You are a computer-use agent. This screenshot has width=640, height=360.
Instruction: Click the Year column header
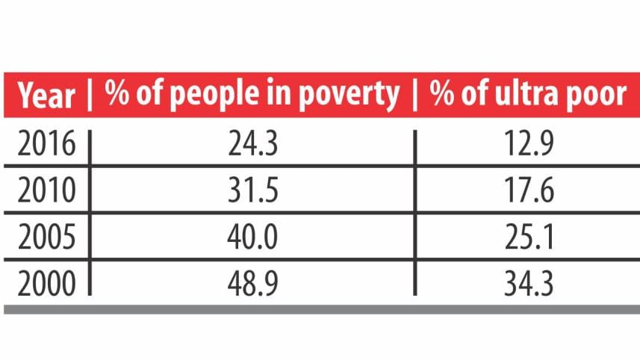tap(46, 96)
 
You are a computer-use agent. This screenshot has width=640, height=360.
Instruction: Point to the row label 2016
tap(46, 144)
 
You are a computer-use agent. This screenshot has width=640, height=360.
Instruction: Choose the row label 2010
tap(46, 191)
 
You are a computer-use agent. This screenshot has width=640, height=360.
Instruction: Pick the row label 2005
tap(46, 239)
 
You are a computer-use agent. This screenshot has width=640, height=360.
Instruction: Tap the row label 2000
tap(46, 285)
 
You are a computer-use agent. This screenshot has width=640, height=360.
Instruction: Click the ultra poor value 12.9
tap(529, 144)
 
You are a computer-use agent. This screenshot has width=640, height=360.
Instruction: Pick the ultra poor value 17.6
tap(529, 191)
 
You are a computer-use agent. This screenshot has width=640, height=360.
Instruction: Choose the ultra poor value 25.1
tap(529, 239)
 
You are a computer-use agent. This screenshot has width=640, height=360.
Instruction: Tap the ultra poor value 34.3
tap(529, 285)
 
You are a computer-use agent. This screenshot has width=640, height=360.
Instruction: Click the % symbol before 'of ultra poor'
tap(444, 95)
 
